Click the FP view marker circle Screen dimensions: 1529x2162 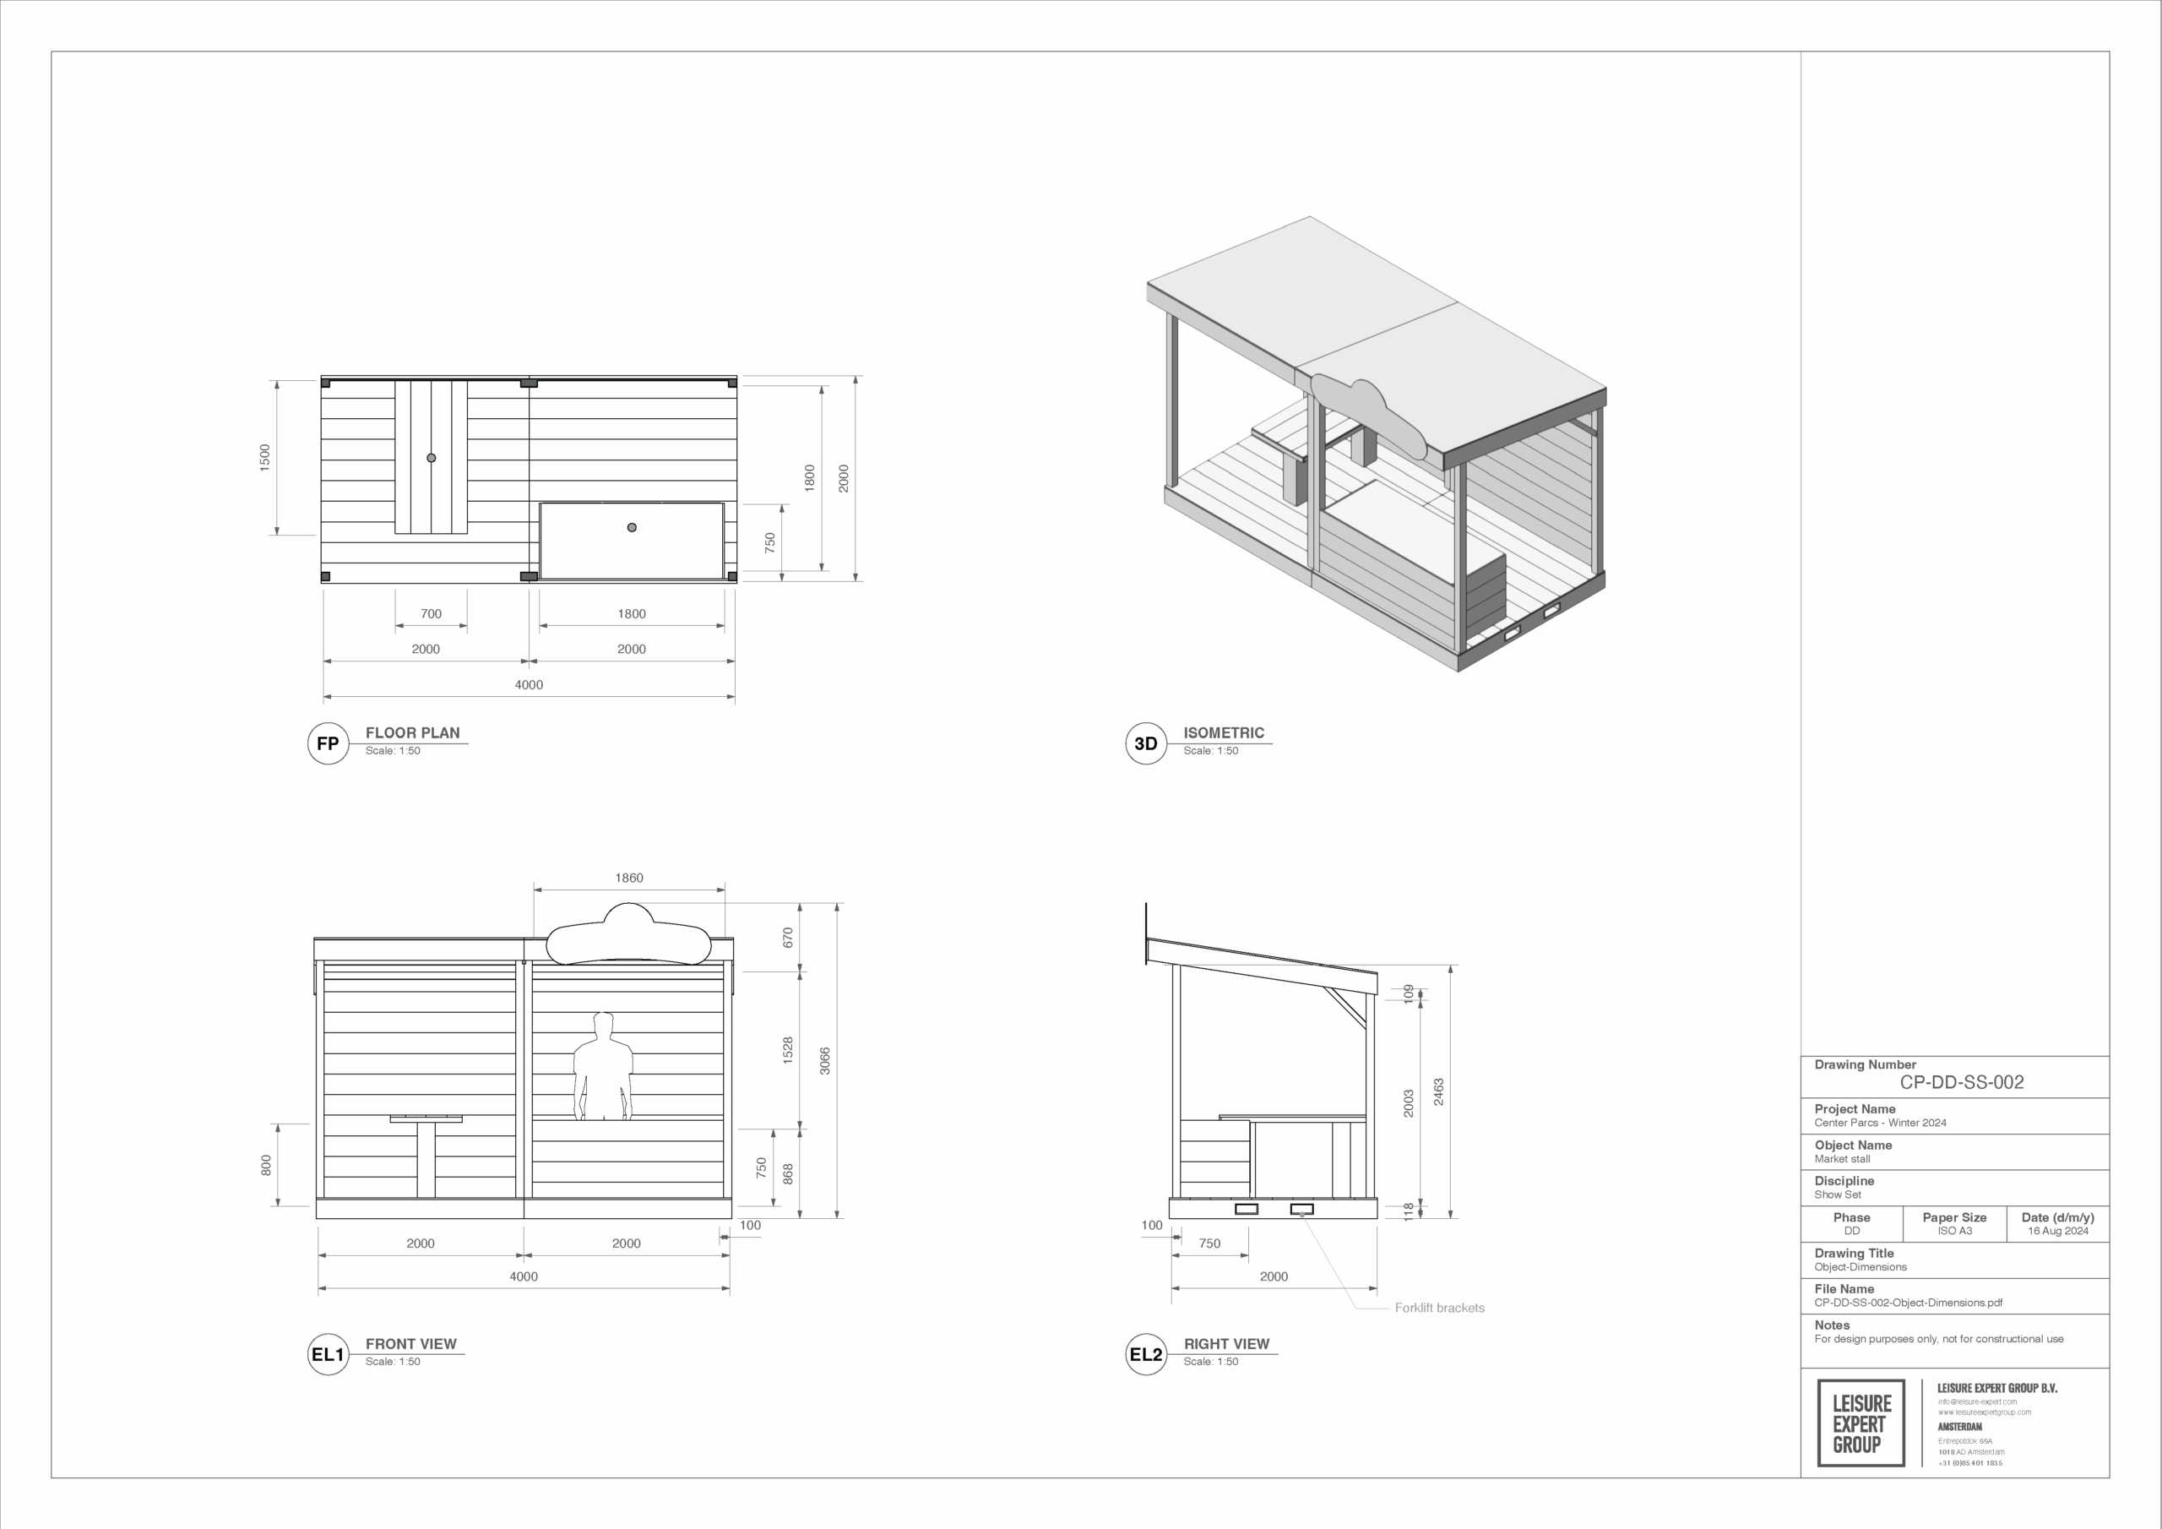pos(328,743)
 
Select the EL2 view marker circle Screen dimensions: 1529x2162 pos(1145,1355)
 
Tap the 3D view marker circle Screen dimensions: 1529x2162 pos(1145,743)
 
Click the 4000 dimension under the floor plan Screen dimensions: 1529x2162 pos(529,685)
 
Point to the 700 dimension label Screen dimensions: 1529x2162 pos(431,614)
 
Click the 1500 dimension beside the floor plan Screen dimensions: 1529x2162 pos(264,457)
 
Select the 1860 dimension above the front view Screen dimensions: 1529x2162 pos(629,878)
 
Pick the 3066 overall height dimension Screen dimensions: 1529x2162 pos(825,1061)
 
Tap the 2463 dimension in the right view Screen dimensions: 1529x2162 pos(1438,1092)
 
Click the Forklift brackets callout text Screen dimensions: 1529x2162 pos(1439,1308)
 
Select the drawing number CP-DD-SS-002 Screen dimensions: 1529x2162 pos(1962,1082)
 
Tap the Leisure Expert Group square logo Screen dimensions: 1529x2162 pos(1860,1423)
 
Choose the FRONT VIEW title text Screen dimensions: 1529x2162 pos(410,1344)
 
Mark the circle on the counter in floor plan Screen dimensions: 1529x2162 pos(632,528)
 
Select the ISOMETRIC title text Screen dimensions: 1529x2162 pos(1223,733)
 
